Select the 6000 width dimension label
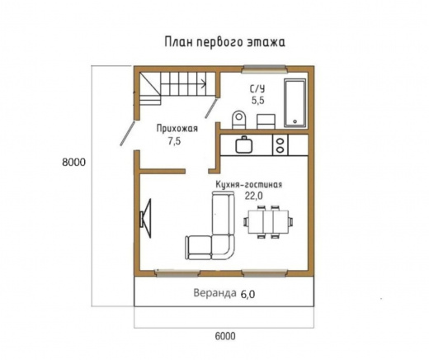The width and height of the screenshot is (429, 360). [x=224, y=335]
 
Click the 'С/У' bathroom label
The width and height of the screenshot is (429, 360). [x=257, y=87]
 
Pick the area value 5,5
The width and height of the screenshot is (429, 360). [x=257, y=99]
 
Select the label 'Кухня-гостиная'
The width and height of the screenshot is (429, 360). [x=250, y=184]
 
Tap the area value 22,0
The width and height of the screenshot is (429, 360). [x=252, y=196]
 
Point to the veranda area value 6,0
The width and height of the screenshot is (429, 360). [x=249, y=294]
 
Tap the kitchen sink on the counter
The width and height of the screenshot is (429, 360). [x=244, y=145]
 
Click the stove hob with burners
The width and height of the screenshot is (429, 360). [x=281, y=145]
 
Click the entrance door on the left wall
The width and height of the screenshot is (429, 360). [x=130, y=132]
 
